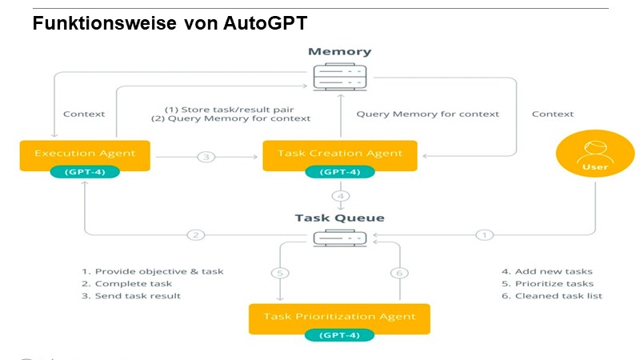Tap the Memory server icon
(x=339, y=78)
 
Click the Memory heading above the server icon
(x=339, y=52)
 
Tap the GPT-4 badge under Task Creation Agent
(x=339, y=172)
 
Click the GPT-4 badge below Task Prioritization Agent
(x=339, y=335)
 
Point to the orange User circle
(x=595, y=152)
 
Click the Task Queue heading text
(x=339, y=218)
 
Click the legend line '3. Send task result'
(x=131, y=296)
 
